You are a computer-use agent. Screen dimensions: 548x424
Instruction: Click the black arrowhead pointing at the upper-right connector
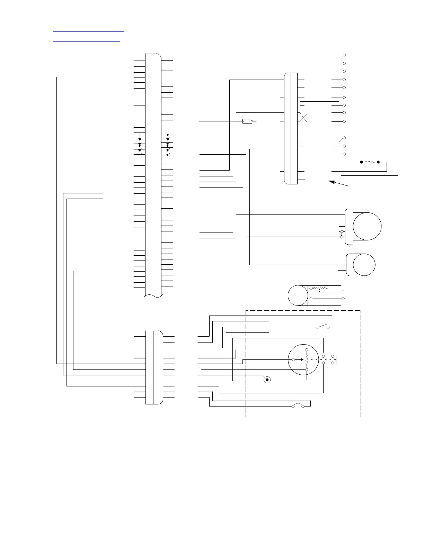[331, 182]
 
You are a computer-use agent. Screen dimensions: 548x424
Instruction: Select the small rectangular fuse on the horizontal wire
[247, 121]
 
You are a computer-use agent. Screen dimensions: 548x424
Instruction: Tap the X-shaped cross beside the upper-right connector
[303, 117]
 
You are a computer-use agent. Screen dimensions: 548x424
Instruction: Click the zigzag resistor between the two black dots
[370, 162]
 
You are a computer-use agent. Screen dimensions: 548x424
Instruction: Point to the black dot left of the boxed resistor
[361, 162]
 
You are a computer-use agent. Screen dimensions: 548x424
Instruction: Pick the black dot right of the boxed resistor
[378, 162]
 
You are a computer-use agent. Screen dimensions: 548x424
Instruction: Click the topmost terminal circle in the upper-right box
[344, 55]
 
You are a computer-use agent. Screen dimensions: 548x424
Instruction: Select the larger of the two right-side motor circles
[367, 226]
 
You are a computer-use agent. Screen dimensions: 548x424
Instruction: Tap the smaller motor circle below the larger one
[364, 265]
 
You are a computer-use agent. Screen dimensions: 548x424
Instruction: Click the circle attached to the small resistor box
[298, 295]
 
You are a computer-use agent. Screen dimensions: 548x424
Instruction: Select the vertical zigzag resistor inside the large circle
[307, 360]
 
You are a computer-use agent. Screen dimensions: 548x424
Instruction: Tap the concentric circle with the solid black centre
[267, 380]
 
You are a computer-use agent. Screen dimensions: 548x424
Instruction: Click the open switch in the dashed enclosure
[323, 326]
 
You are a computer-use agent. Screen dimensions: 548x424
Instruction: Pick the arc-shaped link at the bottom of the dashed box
[298, 405]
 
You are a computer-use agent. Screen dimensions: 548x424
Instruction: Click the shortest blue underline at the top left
[77, 22]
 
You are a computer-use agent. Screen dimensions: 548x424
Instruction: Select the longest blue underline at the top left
[88, 31]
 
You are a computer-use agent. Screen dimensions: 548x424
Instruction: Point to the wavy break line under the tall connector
[153, 296]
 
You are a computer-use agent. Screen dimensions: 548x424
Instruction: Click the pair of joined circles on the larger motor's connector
[342, 234]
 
